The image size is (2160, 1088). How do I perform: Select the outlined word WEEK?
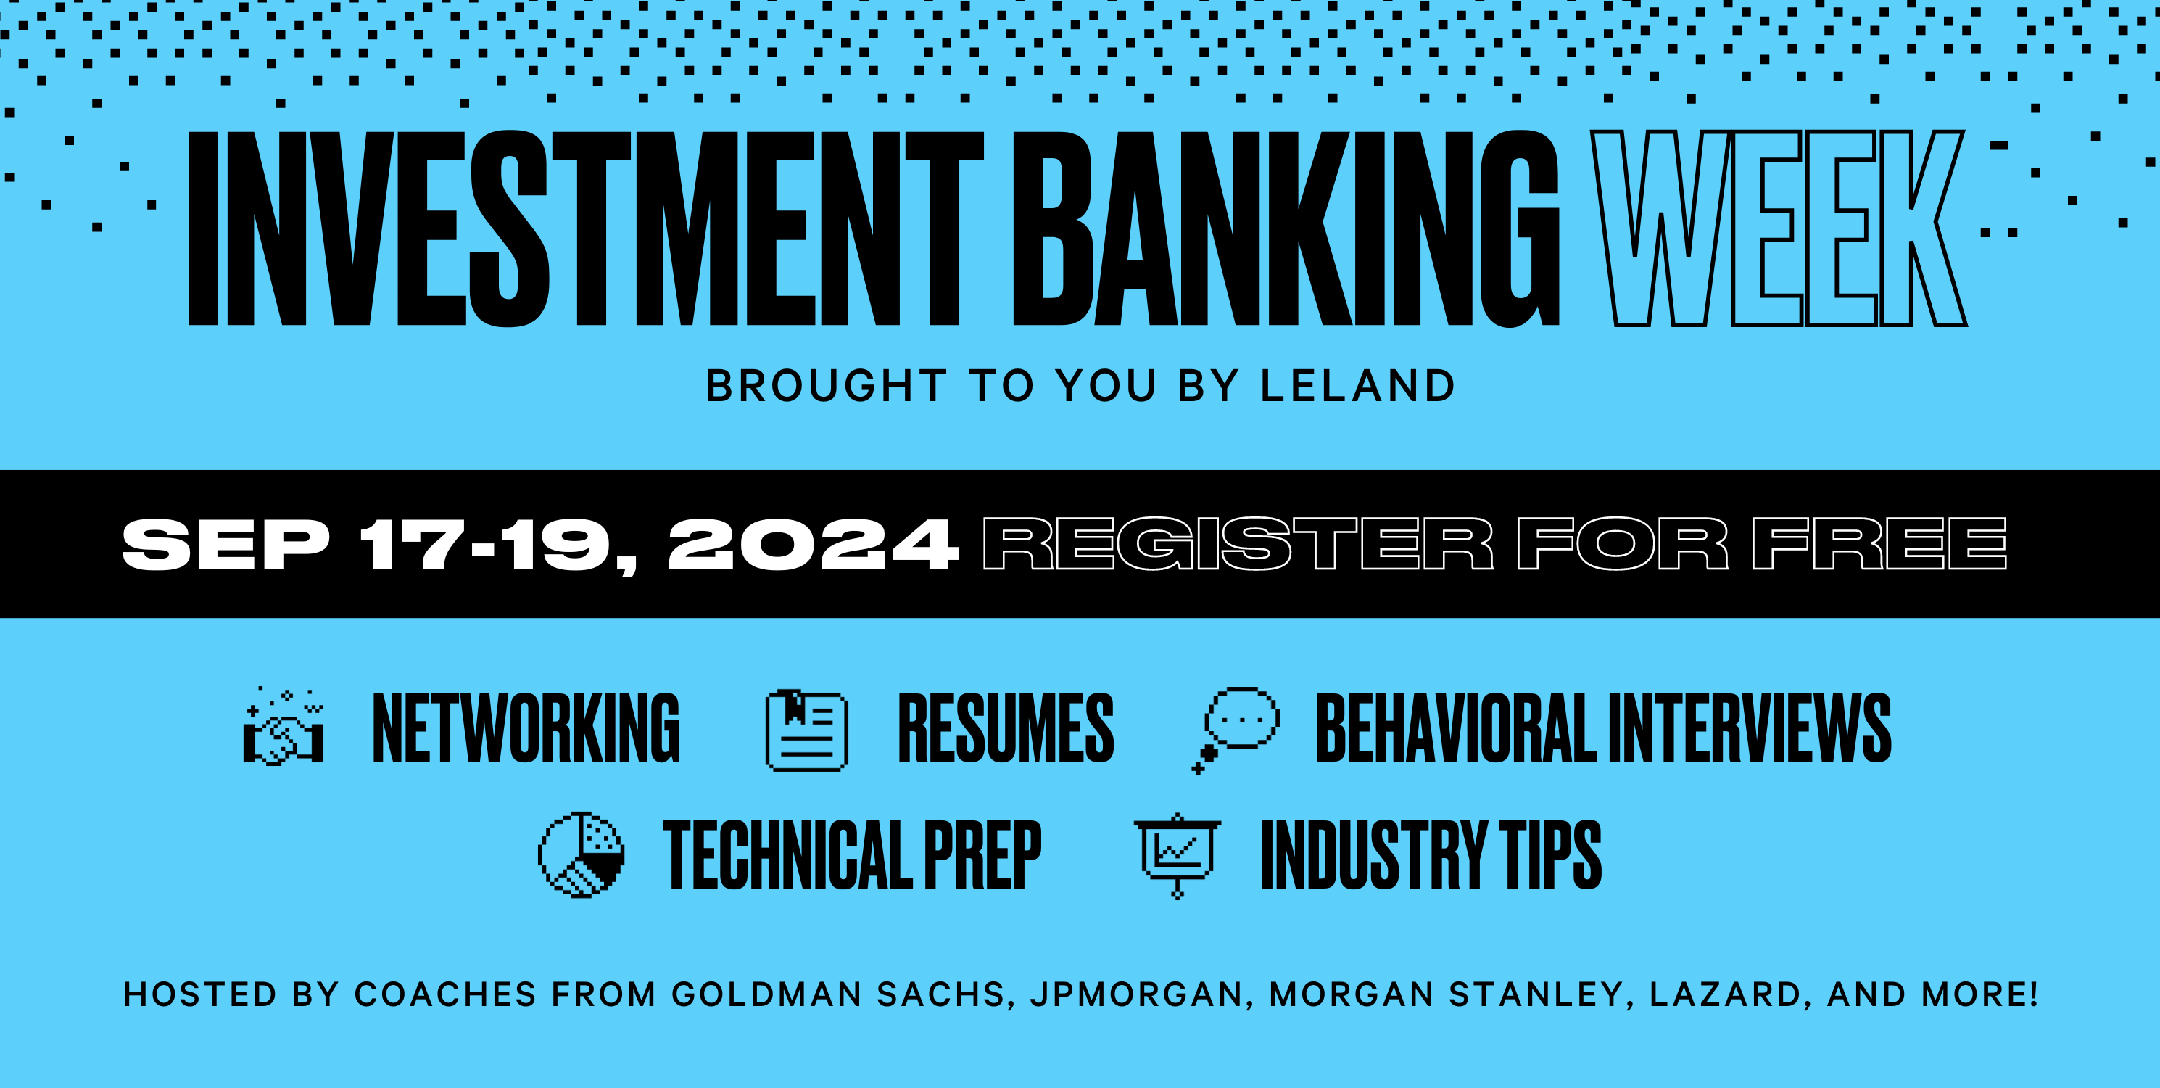(x=1778, y=228)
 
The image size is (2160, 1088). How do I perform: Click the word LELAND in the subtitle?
(x=1357, y=386)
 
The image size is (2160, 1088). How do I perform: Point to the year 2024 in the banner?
(x=811, y=545)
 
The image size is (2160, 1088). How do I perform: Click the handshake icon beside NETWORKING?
(x=284, y=728)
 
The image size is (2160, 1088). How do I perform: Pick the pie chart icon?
(x=581, y=854)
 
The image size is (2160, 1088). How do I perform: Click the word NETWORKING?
(x=526, y=728)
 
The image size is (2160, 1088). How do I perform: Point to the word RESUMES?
(x=1006, y=728)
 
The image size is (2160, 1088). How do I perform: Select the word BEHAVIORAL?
(x=1455, y=728)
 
